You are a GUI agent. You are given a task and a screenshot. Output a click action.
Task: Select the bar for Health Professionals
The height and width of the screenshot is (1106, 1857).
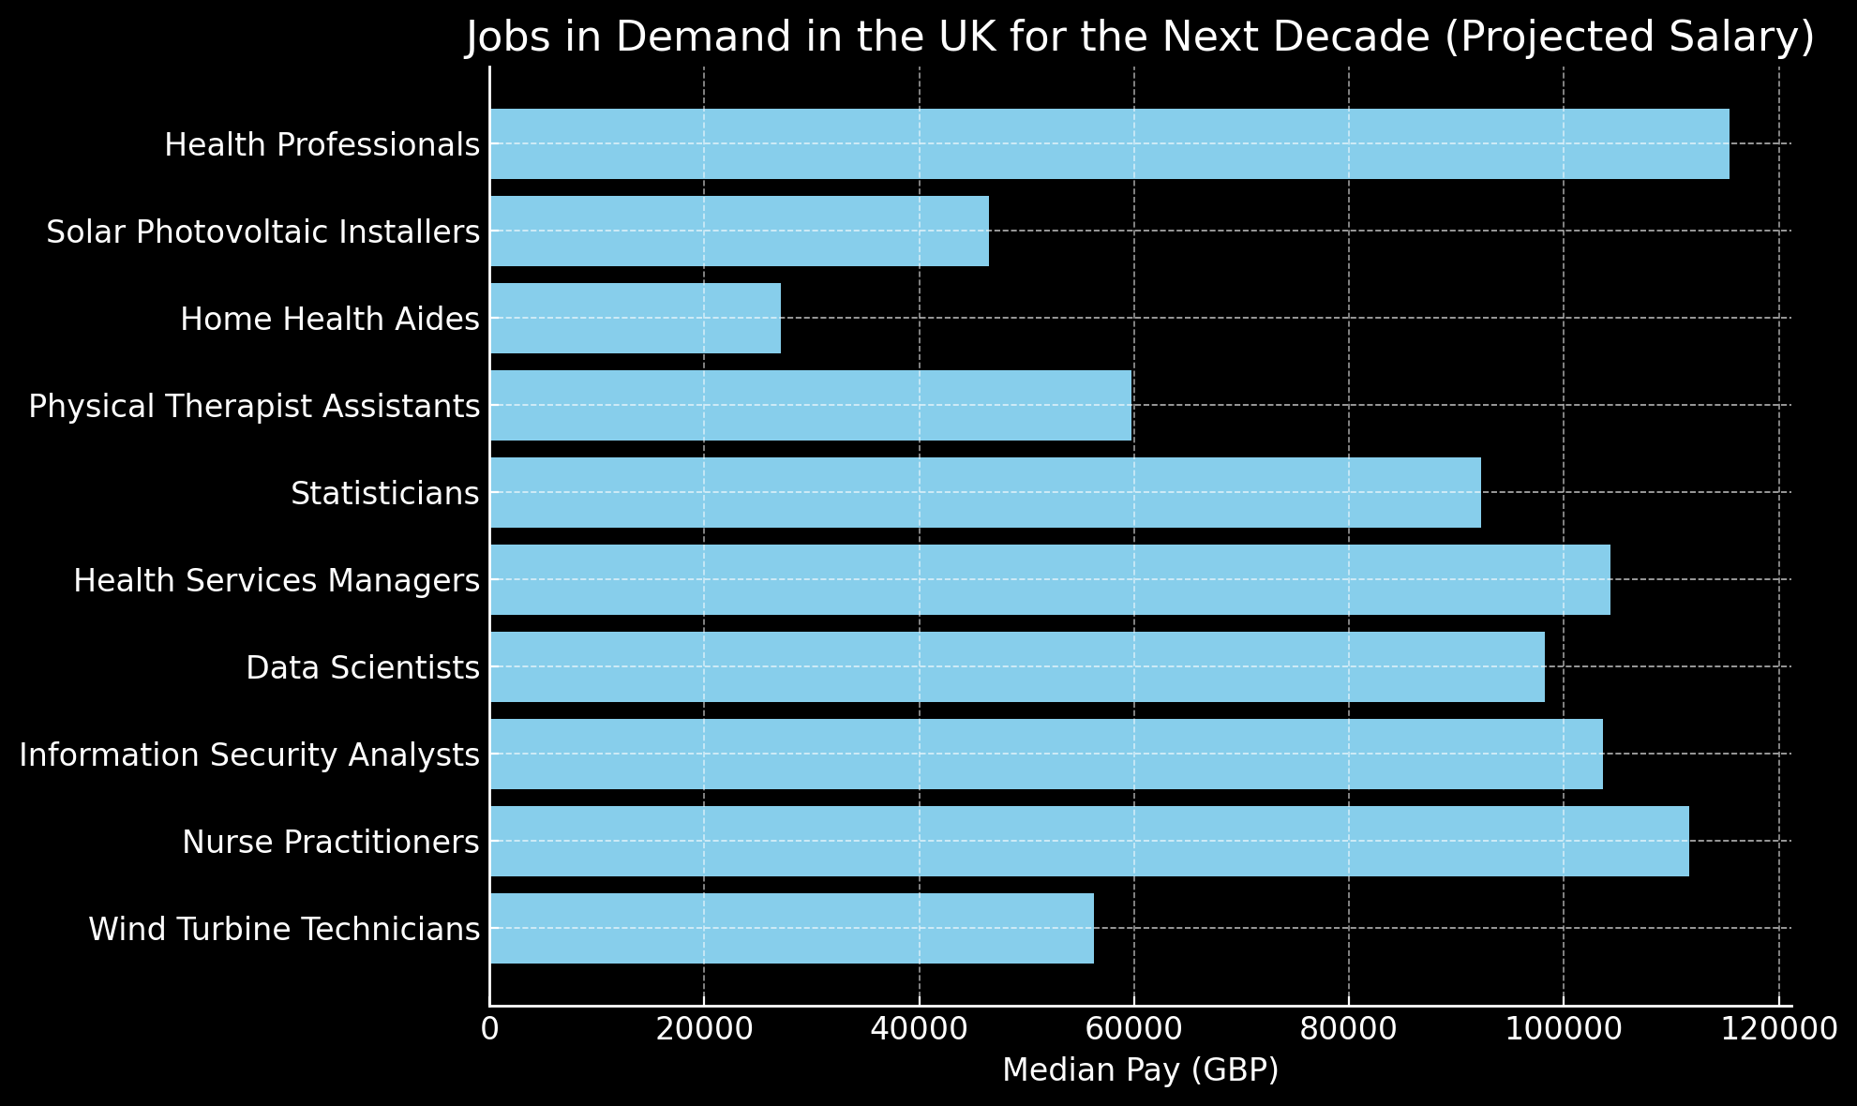[1109, 144]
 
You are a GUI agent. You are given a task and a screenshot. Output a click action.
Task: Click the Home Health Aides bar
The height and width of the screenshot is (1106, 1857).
[635, 319]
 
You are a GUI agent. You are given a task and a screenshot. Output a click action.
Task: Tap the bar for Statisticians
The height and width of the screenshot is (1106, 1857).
[984, 493]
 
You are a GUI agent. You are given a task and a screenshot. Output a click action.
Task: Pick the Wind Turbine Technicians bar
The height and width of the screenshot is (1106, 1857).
[791, 929]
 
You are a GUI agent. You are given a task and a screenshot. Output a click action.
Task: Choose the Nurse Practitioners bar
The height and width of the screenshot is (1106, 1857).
[1088, 842]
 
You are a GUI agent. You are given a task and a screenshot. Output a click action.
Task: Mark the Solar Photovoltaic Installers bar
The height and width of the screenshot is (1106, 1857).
[739, 232]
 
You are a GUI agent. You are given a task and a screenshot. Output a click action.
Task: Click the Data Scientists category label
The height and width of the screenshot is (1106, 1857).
[363, 668]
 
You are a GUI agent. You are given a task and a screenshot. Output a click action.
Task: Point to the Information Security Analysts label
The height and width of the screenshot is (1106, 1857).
[249, 755]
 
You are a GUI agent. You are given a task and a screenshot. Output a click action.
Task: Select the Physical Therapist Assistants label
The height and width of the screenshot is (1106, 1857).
[254, 407]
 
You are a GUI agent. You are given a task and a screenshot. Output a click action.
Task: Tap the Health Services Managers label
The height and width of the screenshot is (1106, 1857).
[277, 581]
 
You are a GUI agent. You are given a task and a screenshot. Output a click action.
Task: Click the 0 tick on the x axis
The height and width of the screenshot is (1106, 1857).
[489, 1029]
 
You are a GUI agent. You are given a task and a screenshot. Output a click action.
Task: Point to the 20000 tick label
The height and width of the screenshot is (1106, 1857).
[704, 1029]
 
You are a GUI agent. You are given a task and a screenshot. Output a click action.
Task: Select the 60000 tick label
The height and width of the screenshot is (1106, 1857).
[1133, 1029]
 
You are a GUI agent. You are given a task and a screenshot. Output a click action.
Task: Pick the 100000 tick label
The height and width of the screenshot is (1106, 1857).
[1563, 1029]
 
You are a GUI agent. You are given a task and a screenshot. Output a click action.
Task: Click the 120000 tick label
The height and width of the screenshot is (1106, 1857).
[1777, 1029]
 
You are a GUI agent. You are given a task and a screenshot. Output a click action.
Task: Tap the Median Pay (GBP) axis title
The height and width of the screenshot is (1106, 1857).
[1140, 1070]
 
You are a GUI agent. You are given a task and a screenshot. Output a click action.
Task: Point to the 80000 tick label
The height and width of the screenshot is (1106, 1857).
[1348, 1029]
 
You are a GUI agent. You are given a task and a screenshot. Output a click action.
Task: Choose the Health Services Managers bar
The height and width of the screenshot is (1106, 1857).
[1049, 580]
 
